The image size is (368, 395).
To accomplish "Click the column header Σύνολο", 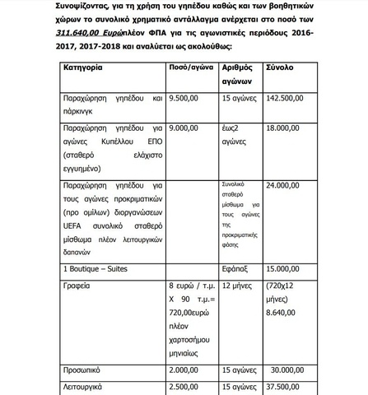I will click(x=280, y=67).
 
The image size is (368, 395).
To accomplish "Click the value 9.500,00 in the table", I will click(x=187, y=97).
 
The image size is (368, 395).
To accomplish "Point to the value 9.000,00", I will click(x=187, y=128).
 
